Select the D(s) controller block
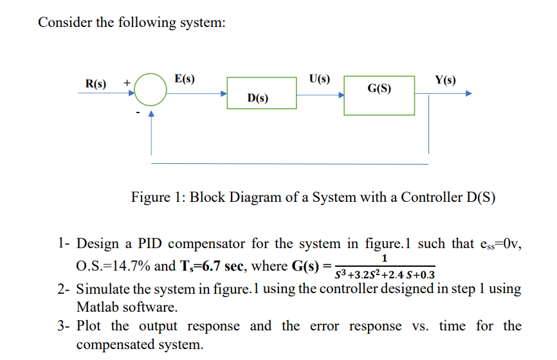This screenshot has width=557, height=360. (x=261, y=93)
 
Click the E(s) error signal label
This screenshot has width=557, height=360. (x=185, y=78)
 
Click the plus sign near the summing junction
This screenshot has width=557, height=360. (x=127, y=82)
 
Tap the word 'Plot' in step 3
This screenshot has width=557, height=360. (x=90, y=326)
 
